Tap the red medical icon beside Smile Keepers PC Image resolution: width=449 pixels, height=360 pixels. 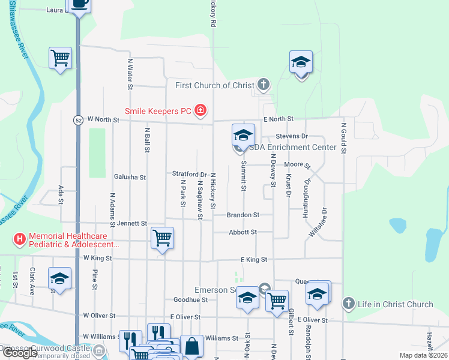tap(200, 110)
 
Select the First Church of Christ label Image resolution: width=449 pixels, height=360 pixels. tap(215, 85)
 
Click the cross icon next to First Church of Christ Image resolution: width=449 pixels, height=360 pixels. tap(263, 85)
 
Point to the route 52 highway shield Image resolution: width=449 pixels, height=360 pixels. tap(78, 120)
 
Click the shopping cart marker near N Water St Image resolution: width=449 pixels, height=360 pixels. tap(60, 58)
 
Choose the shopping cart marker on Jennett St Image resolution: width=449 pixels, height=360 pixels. tap(162, 238)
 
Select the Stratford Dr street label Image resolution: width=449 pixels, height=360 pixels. tap(190, 174)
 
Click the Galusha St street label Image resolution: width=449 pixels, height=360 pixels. tap(130, 177)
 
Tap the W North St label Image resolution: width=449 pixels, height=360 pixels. tap(104, 120)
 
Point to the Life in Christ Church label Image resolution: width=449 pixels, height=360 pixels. tap(395, 304)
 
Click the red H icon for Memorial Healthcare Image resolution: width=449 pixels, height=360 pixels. tap(20, 239)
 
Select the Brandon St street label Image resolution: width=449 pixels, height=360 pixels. tap(243, 214)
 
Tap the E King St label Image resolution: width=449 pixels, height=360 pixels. tap(253, 260)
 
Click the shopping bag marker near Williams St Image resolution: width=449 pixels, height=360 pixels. tap(191, 346)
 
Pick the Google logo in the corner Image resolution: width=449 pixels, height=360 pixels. tap(20, 353)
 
